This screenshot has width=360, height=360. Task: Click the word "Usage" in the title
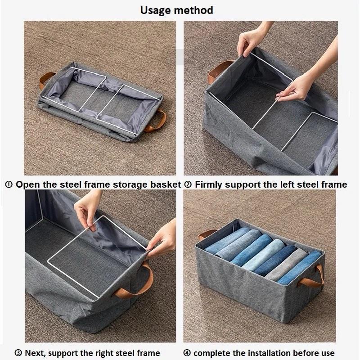point(155,10)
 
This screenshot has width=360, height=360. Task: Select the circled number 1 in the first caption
point(9,184)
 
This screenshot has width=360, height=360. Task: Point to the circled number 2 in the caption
point(188,184)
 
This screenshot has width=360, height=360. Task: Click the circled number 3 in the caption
point(18,353)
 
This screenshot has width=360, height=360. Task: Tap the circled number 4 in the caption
point(187,353)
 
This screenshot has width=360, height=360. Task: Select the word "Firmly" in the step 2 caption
point(208,185)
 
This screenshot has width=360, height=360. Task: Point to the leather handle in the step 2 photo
point(218,72)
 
